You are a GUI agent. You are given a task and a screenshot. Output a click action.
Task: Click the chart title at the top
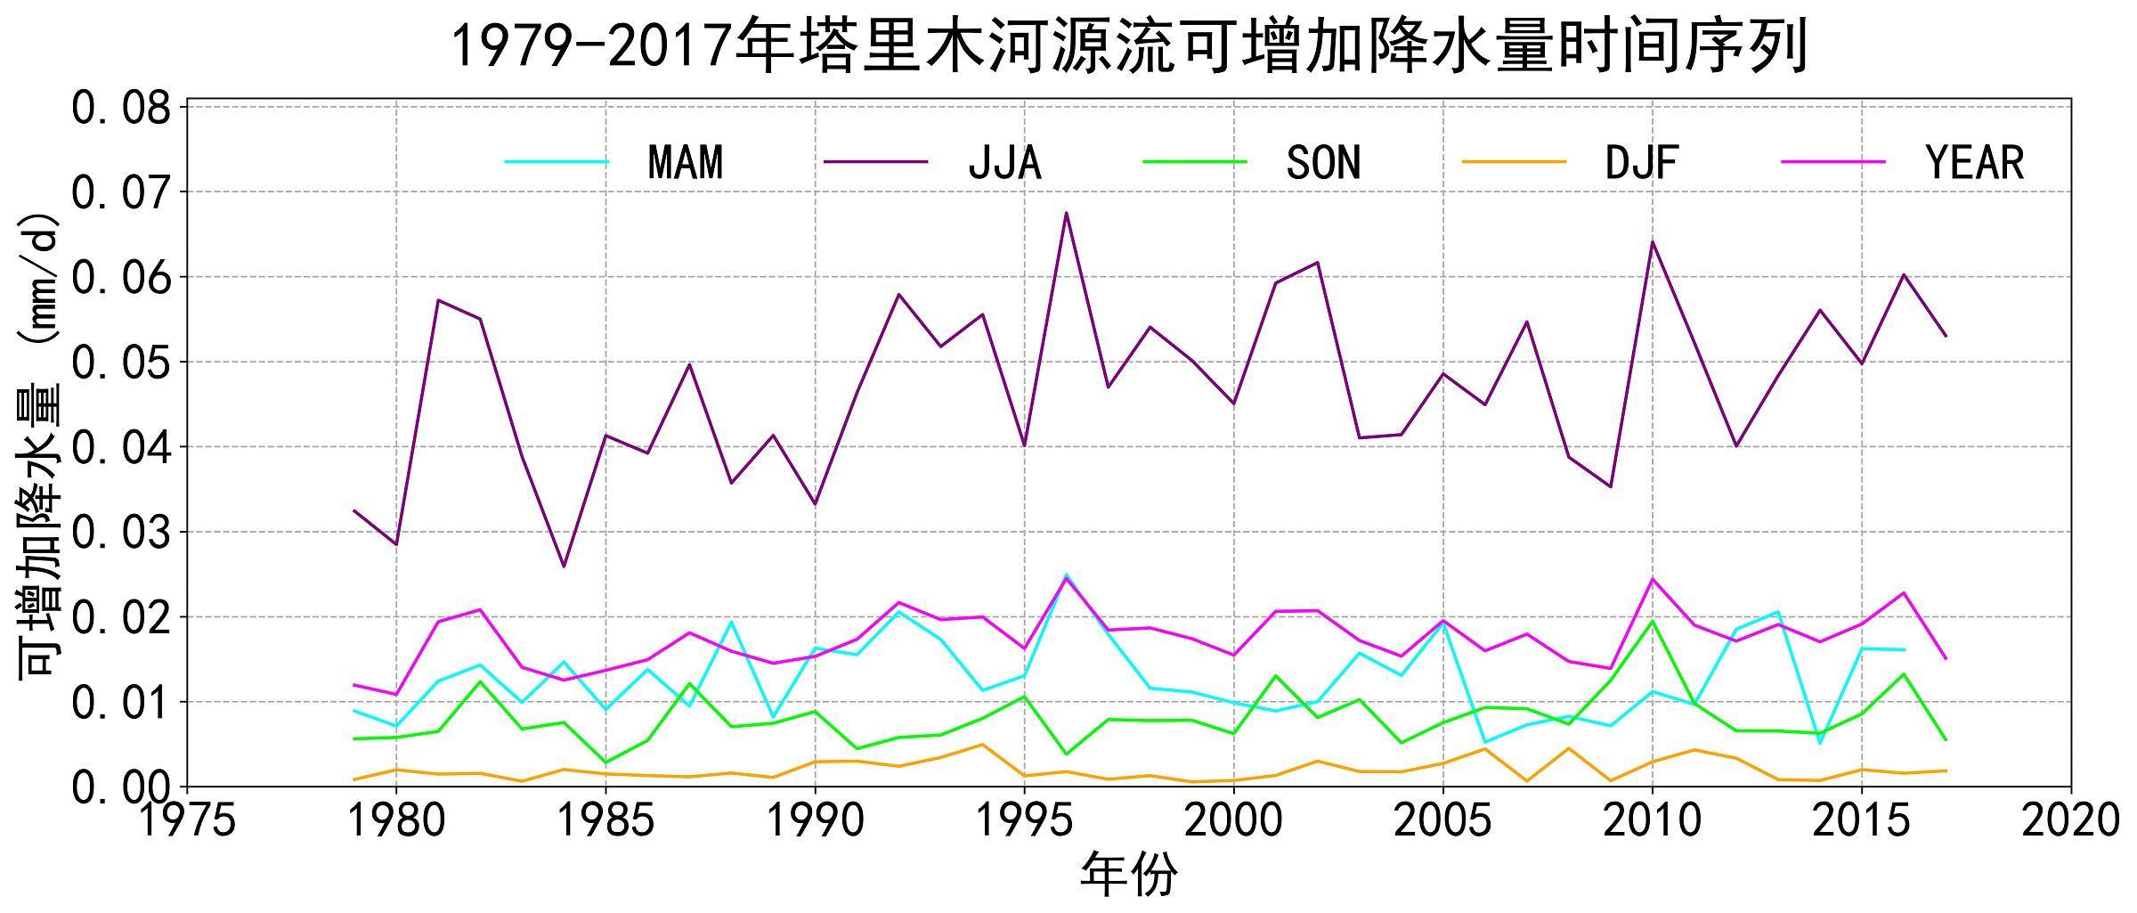[1129, 46]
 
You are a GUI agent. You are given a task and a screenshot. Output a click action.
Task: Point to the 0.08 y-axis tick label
[120, 109]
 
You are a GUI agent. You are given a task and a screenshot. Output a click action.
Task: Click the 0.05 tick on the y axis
[120, 363]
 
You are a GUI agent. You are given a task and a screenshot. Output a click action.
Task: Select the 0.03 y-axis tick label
[120, 533]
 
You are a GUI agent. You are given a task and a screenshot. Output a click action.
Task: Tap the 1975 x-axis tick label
[187, 820]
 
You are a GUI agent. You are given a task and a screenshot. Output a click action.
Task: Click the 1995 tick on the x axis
[1024, 820]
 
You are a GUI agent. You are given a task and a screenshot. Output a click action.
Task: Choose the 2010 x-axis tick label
[1652, 820]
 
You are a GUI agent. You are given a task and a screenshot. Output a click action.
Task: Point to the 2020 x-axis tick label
[2070, 820]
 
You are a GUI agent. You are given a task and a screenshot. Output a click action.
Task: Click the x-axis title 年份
[1128, 875]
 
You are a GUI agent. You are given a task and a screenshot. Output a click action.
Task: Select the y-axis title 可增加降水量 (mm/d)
[40, 445]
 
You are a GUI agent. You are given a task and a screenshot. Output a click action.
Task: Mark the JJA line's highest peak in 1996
[1066, 213]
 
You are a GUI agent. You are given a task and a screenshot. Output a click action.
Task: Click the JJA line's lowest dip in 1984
[564, 567]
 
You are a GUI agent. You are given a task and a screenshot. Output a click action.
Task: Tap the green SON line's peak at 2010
[1653, 621]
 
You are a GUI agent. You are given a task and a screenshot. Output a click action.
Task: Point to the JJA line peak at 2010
[1653, 242]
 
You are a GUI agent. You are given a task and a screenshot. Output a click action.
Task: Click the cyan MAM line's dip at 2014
[1820, 742]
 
